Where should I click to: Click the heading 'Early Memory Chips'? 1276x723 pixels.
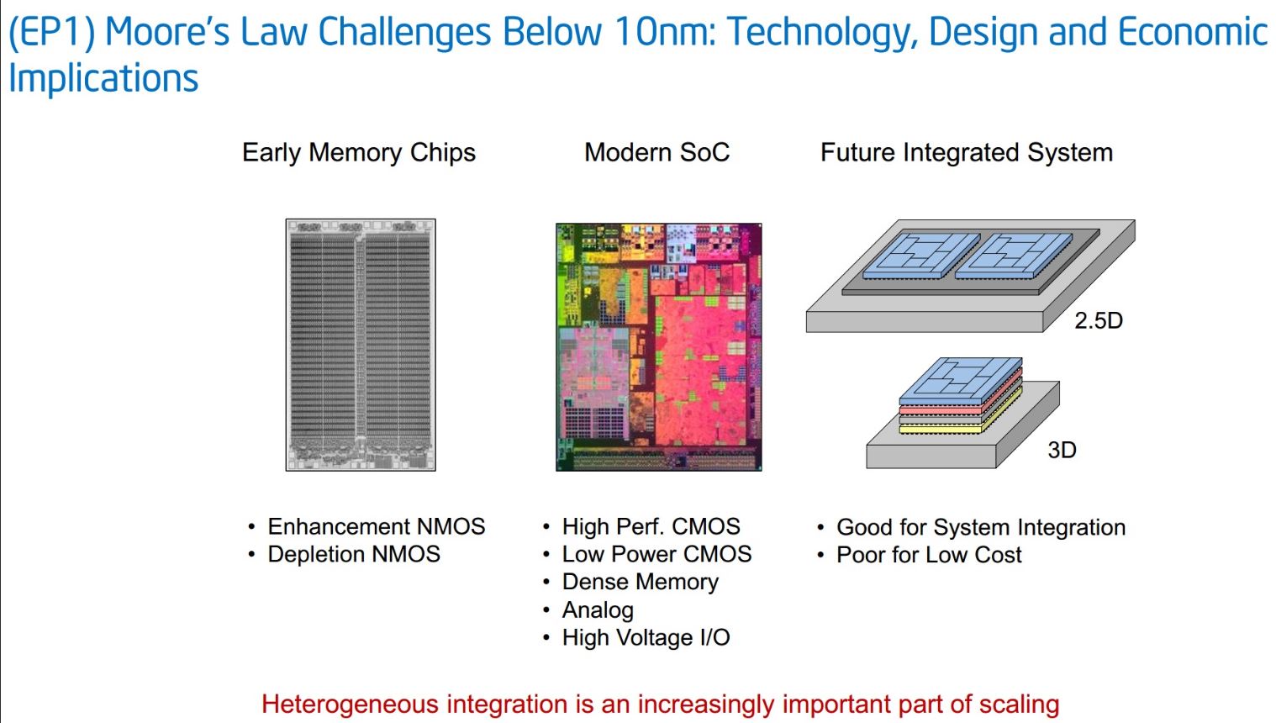coord(359,153)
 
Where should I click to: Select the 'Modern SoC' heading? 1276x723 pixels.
coord(656,153)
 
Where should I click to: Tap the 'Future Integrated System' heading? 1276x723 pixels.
coord(967,153)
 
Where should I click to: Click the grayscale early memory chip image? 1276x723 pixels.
coord(361,345)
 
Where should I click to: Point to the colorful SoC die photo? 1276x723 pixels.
coord(659,347)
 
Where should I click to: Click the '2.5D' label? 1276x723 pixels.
coord(1099,321)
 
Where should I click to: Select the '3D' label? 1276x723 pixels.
coord(1062,450)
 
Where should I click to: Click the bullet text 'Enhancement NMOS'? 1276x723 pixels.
coord(377,526)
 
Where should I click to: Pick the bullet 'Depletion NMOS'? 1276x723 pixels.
coord(354,554)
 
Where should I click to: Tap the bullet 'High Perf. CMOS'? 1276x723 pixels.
coord(651,526)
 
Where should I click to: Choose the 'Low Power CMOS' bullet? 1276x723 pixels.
coord(656,554)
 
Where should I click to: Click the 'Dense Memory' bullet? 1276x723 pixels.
coord(641,583)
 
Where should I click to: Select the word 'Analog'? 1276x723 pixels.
coord(598,610)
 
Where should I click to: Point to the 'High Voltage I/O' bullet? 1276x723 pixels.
coord(646,637)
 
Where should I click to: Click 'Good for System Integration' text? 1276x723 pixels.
coord(981,528)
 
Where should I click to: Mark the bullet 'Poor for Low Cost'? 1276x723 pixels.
coord(929,555)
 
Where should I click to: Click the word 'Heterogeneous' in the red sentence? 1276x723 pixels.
coord(351,705)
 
